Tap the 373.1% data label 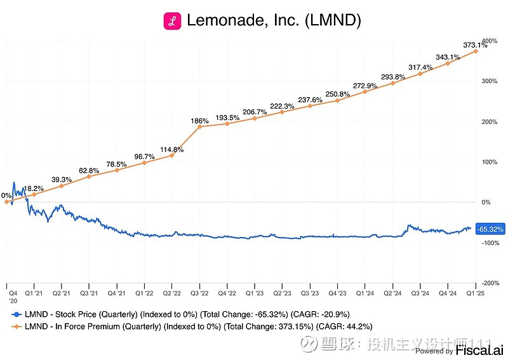pyautogui.click(x=475, y=45)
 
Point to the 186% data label pyautogui.click(x=199, y=120)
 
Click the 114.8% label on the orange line pyautogui.click(x=171, y=150)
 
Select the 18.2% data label pyautogui.click(x=33, y=189)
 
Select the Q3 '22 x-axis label pyautogui.click(x=199, y=294)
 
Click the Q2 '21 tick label pyautogui.click(x=62, y=294)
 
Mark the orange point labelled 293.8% pyautogui.click(x=392, y=83)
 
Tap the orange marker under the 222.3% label pyautogui.click(x=282, y=112)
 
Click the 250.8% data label pyautogui.click(x=337, y=94)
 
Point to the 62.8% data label pyautogui.click(x=88, y=170)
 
